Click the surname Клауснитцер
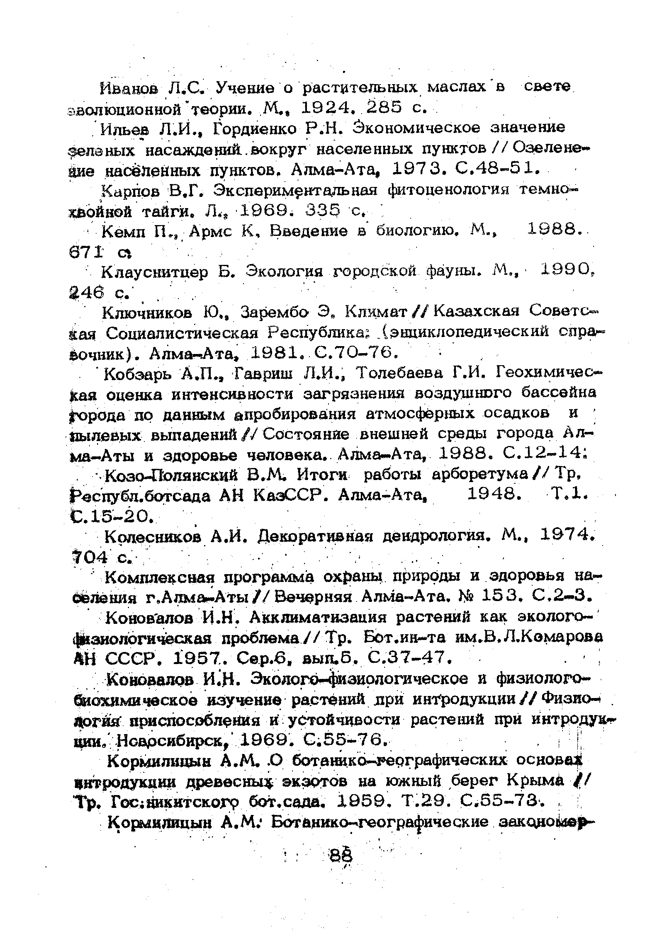[x=155, y=272]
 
